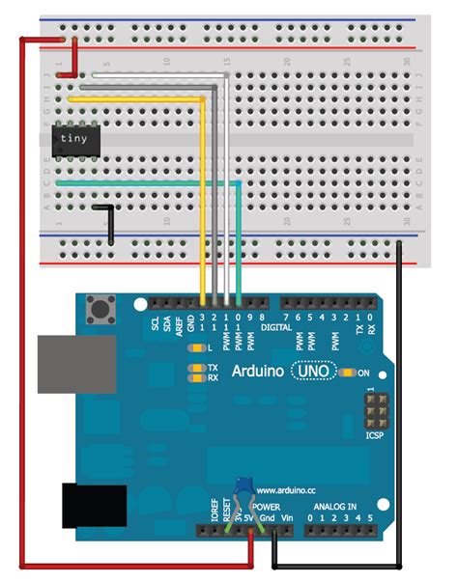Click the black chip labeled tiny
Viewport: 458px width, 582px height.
pyautogui.click(x=73, y=139)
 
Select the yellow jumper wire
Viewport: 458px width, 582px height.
pyautogui.click(x=203, y=193)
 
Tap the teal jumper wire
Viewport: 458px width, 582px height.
pyautogui.click(x=145, y=182)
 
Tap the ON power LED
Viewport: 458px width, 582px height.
pyautogui.click(x=351, y=373)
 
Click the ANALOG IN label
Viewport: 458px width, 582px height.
pyautogui.click(x=335, y=507)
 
